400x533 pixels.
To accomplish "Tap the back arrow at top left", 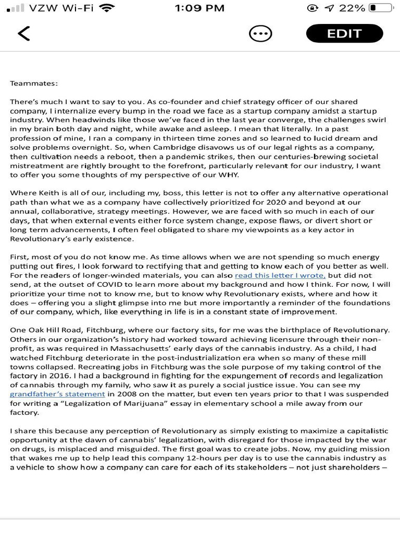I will click(x=23, y=33).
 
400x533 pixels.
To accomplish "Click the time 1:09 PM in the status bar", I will click(x=199, y=8).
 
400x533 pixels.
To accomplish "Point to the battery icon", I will click(x=381, y=8).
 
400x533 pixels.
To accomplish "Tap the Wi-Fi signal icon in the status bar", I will click(x=108, y=8).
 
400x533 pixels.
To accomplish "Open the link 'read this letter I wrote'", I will click(x=280, y=275).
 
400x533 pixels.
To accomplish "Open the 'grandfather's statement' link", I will click(x=57, y=394).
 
